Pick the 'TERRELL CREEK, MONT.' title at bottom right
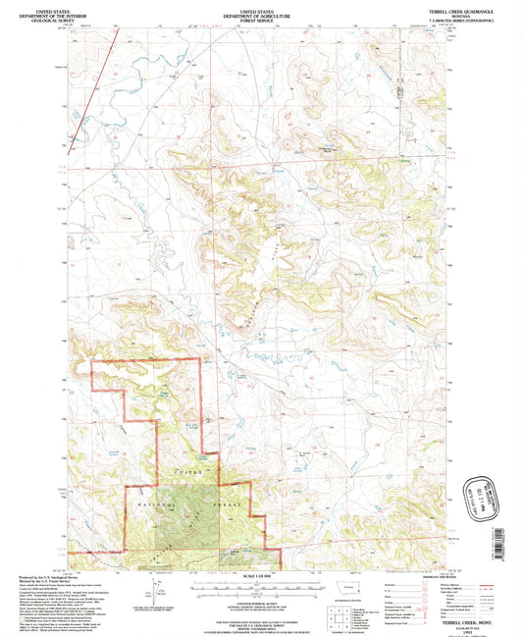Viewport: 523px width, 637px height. click(x=421, y=618)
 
